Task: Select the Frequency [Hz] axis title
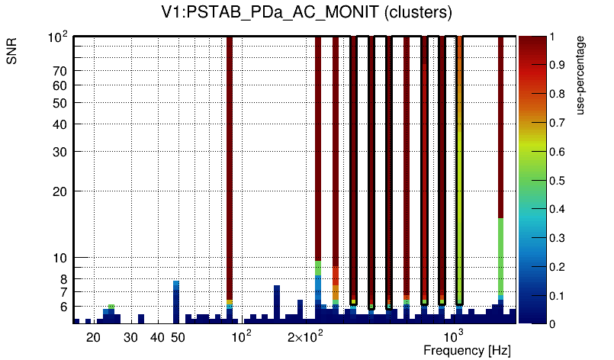tap(467, 350)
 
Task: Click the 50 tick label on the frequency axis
tap(177, 337)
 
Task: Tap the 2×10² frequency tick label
tap(304, 337)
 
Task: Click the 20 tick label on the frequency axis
tap(93, 337)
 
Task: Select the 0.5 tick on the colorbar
tap(558, 181)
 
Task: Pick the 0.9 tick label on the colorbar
tap(558, 66)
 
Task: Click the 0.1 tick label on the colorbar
tap(558, 295)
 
